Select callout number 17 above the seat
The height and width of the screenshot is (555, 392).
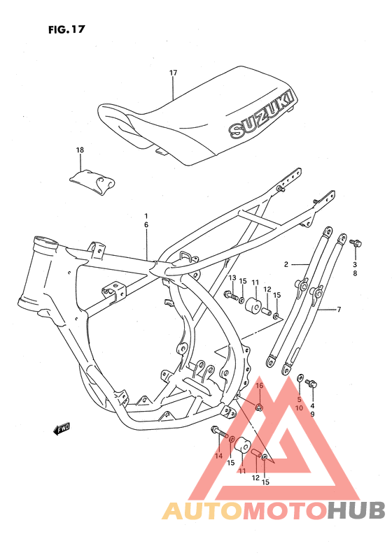point(173,73)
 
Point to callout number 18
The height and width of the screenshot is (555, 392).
point(80,150)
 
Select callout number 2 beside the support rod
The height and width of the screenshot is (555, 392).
point(286,265)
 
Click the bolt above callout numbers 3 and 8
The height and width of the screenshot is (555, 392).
point(356,243)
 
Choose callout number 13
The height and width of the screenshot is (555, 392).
point(232,278)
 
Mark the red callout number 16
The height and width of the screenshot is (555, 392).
point(258,386)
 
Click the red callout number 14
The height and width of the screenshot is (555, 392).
point(219,456)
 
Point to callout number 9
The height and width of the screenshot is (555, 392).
point(313,414)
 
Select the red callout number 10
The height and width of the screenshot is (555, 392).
point(299,408)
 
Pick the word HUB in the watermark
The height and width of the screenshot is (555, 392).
point(353,511)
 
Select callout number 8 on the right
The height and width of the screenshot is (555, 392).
point(355,274)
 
